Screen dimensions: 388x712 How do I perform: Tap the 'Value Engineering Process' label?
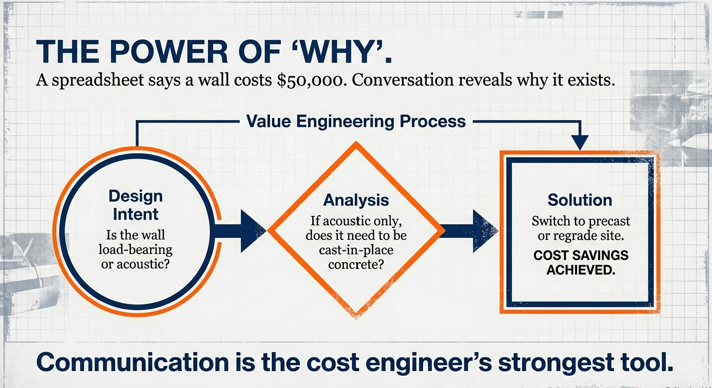(356, 121)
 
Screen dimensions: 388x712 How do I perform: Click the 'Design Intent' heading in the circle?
(135, 205)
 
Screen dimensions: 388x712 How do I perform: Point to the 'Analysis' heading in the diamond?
(355, 200)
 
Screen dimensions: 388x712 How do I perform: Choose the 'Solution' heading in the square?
(580, 200)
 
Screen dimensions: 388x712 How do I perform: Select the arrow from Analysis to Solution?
(468, 231)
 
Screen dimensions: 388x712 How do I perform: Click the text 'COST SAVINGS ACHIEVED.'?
(580, 263)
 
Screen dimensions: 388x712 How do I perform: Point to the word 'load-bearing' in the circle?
(135, 249)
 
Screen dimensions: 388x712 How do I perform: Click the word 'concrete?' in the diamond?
(355, 264)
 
